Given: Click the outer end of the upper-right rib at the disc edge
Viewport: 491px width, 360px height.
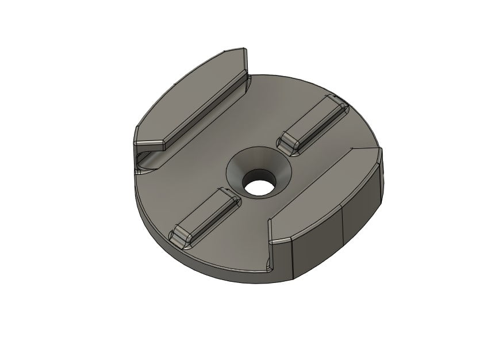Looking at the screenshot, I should coord(339,104).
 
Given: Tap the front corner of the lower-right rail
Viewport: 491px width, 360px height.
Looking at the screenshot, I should coord(273,240).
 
